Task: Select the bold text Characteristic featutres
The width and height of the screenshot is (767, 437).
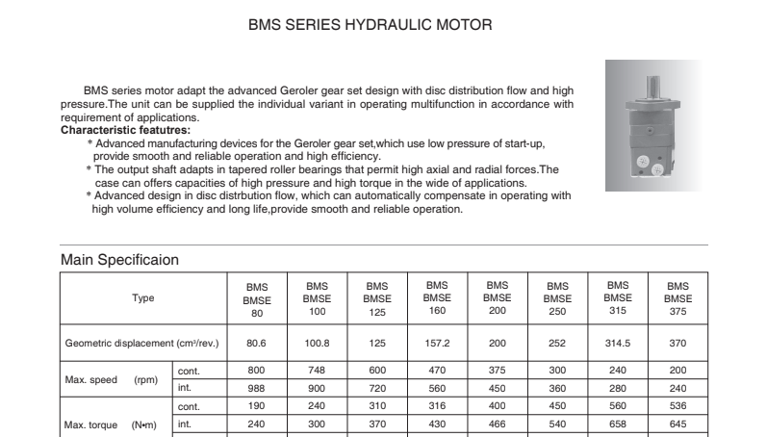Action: coord(125,129)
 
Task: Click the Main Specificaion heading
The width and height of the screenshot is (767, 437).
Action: coord(119,260)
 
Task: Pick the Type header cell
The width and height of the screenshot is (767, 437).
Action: coord(142,298)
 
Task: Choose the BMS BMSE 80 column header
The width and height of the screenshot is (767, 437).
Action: coord(257,299)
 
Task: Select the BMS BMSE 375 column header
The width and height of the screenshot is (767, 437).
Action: coord(678,299)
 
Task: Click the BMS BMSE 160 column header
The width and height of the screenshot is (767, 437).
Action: coord(437,298)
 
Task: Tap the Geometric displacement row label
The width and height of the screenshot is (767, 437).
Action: coord(141,343)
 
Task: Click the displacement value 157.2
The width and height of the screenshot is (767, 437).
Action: coord(437,343)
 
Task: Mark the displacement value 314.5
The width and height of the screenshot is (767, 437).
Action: coord(618,343)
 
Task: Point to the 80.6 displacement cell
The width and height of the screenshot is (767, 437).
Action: coord(257,343)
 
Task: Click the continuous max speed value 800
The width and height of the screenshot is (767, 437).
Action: coord(257,370)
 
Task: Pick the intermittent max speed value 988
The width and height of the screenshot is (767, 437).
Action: coord(257,387)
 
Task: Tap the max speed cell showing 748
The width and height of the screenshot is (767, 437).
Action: coord(317,370)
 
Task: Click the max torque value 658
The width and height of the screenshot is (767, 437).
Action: coord(618,423)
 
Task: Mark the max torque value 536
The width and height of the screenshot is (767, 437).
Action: coord(678,405)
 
